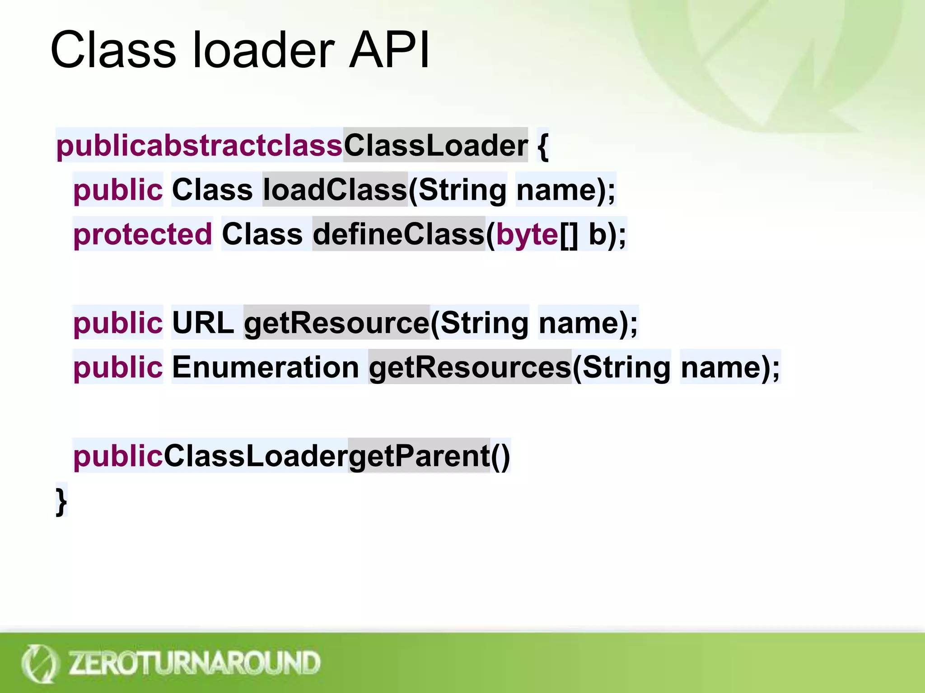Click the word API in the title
point(389,50)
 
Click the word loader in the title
point(264,50)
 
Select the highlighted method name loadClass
point(335,189)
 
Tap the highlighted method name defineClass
point(398,234)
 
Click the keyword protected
point(142,234)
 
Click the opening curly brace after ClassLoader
point(542,146)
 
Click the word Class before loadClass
point(212,189)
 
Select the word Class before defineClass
point(262,234)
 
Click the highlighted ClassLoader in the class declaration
point(435,146)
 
